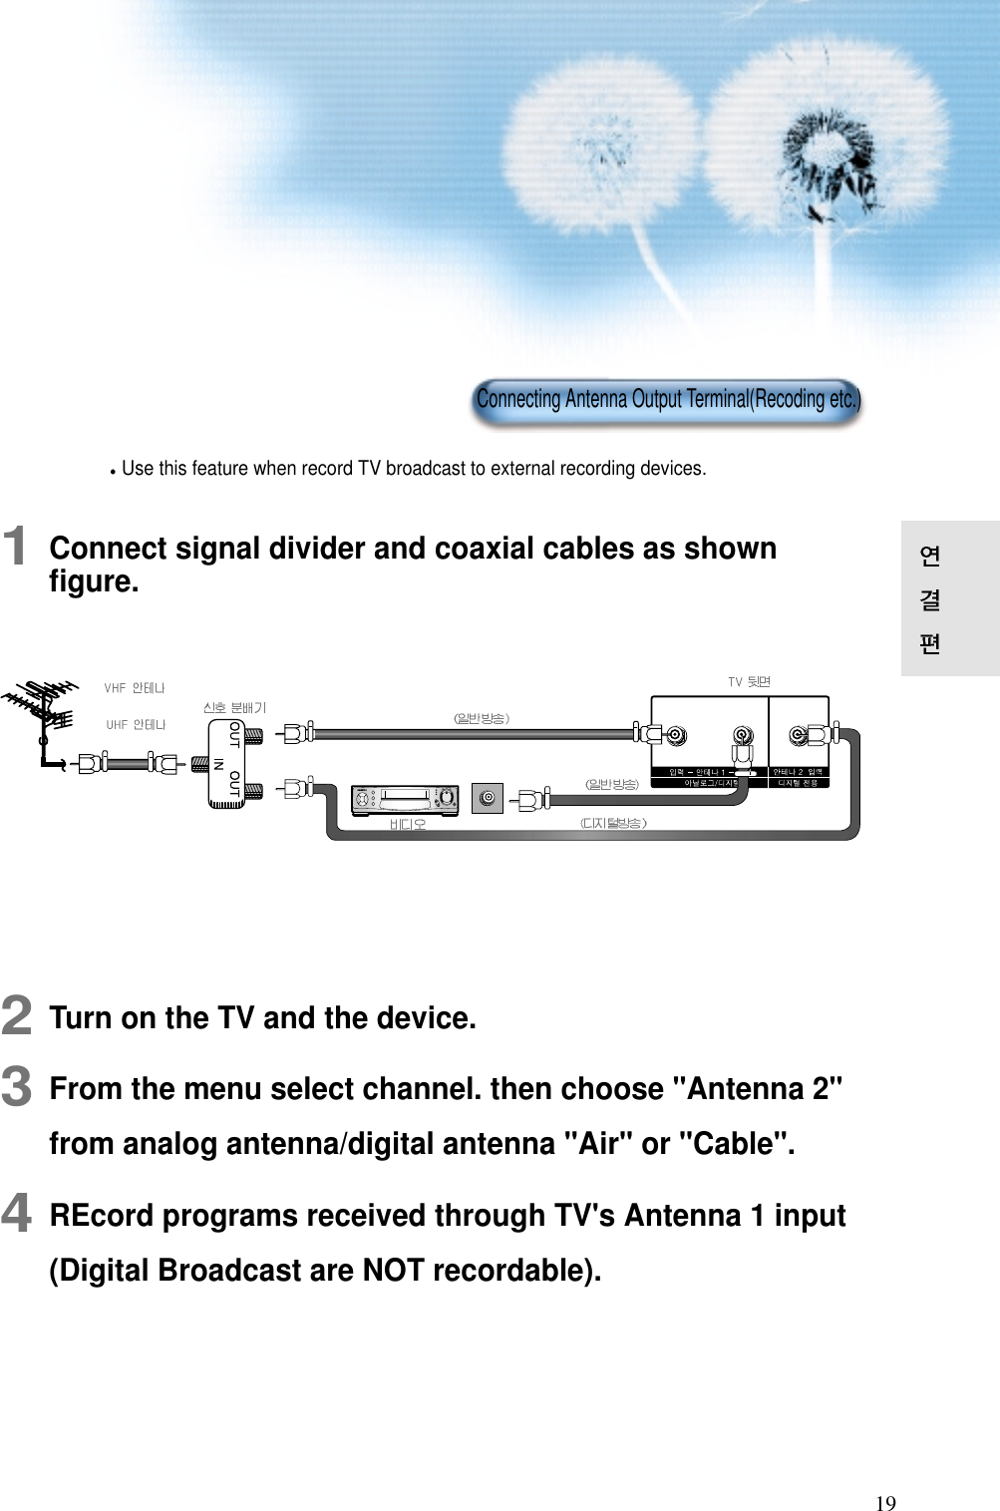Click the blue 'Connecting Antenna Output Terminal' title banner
pos(666,400)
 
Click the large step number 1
pos(15,547)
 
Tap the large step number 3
pos(16,1086)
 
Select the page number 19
pos(885,1503)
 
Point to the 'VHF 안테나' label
pos(135,688)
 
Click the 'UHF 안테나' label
pos(136,725)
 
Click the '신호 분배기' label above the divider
pos(234,707)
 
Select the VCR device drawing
pos(404,798)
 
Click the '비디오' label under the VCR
pos(407,825)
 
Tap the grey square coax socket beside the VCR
pos(487,798)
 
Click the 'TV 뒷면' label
pos(749,682)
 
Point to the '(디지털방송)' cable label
pos(613,823)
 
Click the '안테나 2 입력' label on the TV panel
pos(798,772)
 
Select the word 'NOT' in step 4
pos(393,1270)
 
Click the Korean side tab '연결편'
pos(929,598)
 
